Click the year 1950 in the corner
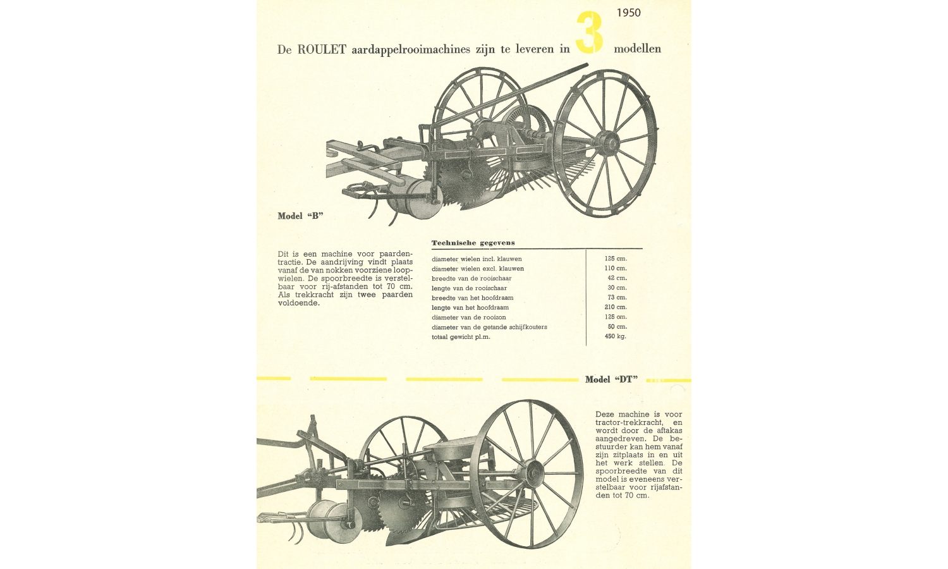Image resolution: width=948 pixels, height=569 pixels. tap(628, 13)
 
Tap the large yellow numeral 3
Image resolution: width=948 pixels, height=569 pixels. tap(590, 33)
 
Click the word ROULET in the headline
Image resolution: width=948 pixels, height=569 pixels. tap(322, 49)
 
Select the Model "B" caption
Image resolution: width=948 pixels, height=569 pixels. tap(300, 216)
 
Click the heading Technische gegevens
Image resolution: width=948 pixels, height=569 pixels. tap(473, 243)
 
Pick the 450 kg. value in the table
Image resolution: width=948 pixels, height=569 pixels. tap(616, 336)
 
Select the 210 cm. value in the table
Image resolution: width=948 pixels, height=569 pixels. tap(616, 307)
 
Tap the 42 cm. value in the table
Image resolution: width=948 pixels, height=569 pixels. tap(617, 278)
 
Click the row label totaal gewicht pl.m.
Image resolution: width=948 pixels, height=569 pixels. tap(461, 337)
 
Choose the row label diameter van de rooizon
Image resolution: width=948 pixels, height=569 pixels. tap(468, 317)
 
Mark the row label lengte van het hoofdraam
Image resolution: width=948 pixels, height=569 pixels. tap(470, 308)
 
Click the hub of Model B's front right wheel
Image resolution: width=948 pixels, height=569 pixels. tap(608, 144)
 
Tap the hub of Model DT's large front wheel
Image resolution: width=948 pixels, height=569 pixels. tap(533, 474)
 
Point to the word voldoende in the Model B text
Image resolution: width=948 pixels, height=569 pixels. tap(299, 303)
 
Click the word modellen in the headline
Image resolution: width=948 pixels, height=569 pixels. tap(637, 49)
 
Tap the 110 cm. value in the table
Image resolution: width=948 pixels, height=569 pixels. tap(616, 269)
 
